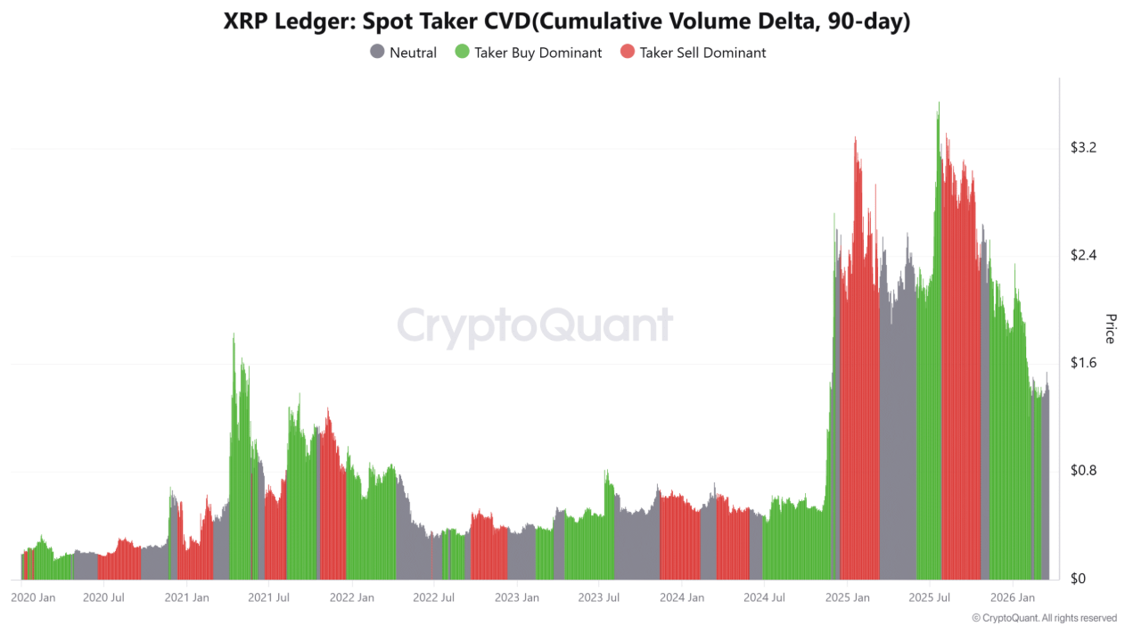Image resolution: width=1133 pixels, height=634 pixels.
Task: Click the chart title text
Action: tap(567, 22)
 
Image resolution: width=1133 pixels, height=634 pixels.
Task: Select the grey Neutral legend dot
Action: tap(377, 52)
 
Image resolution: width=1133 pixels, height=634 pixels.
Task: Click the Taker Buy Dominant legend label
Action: tap(538, 53)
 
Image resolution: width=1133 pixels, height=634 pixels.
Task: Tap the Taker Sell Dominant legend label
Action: tap(702, 53)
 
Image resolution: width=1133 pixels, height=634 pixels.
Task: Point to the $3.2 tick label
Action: tap(1082, 148)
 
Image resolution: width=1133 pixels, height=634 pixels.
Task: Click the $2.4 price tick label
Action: tap(1082, 256)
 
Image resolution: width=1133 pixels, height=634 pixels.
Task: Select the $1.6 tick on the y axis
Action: tap(1082, 364)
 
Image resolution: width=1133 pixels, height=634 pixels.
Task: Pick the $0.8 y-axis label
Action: tap(1082, 472)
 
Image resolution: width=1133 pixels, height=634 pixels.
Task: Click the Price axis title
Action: tap(1110, 328)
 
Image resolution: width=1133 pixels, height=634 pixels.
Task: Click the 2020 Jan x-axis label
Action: tap(33, 597)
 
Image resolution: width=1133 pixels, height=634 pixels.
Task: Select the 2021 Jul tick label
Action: tap(269, 597)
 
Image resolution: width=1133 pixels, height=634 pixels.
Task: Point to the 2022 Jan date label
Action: tap(351, 597)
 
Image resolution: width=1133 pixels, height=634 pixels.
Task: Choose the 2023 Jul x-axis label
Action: tap(599, 597)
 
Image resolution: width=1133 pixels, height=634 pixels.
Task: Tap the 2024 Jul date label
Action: tap(764, 597)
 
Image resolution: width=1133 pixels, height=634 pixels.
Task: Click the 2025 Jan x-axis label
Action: tap(847, 597)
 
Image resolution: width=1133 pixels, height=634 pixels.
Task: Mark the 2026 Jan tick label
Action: tap(1013, 597)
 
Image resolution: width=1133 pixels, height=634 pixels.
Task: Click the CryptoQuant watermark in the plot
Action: tap(535, 325)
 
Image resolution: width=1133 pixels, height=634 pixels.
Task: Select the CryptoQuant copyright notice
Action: tap(1044, 618)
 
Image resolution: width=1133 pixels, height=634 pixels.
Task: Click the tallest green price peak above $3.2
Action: tap(938, 105)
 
